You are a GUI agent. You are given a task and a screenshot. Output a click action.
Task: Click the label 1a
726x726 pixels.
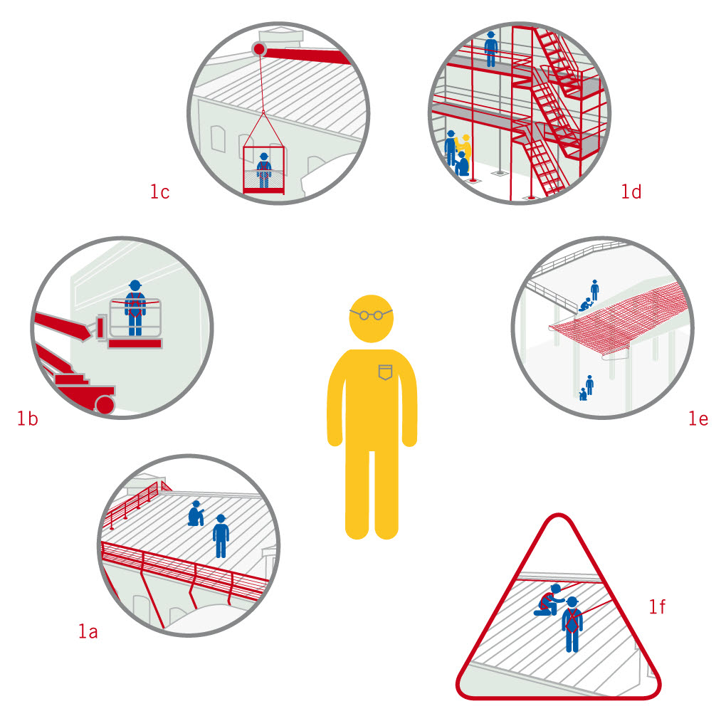pos(88,631)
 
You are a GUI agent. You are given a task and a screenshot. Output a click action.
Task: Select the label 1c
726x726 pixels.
pos(159,191)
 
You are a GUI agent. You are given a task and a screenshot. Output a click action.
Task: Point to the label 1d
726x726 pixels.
pos(631,191)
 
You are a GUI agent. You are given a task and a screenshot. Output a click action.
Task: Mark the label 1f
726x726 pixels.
pos(657,606)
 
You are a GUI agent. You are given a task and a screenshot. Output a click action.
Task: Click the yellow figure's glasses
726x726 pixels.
pos(371,315)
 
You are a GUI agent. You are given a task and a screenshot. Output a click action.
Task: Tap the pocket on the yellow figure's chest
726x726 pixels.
pos(385,372)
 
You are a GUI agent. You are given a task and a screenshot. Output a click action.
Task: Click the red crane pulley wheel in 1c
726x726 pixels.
pos(259,48)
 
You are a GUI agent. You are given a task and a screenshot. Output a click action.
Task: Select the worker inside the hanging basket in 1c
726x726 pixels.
pos(264,170)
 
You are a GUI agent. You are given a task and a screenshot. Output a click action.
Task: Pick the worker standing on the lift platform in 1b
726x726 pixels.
pos(135,307)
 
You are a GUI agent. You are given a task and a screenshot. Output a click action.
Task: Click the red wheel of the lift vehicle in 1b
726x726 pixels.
pos(105,405)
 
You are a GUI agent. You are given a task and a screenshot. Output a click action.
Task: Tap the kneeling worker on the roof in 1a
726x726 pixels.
pos(196,513)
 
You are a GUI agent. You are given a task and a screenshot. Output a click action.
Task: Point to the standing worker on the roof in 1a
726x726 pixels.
pos(221,536)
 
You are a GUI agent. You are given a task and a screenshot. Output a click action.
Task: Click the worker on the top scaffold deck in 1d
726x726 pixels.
pos(491,49)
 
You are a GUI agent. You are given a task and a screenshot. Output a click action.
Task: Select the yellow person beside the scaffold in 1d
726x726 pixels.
pos(465,150)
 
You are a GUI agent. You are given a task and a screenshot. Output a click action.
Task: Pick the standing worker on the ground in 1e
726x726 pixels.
pos(589,385)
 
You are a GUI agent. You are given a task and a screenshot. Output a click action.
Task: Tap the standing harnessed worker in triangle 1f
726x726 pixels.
pos(572,625)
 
